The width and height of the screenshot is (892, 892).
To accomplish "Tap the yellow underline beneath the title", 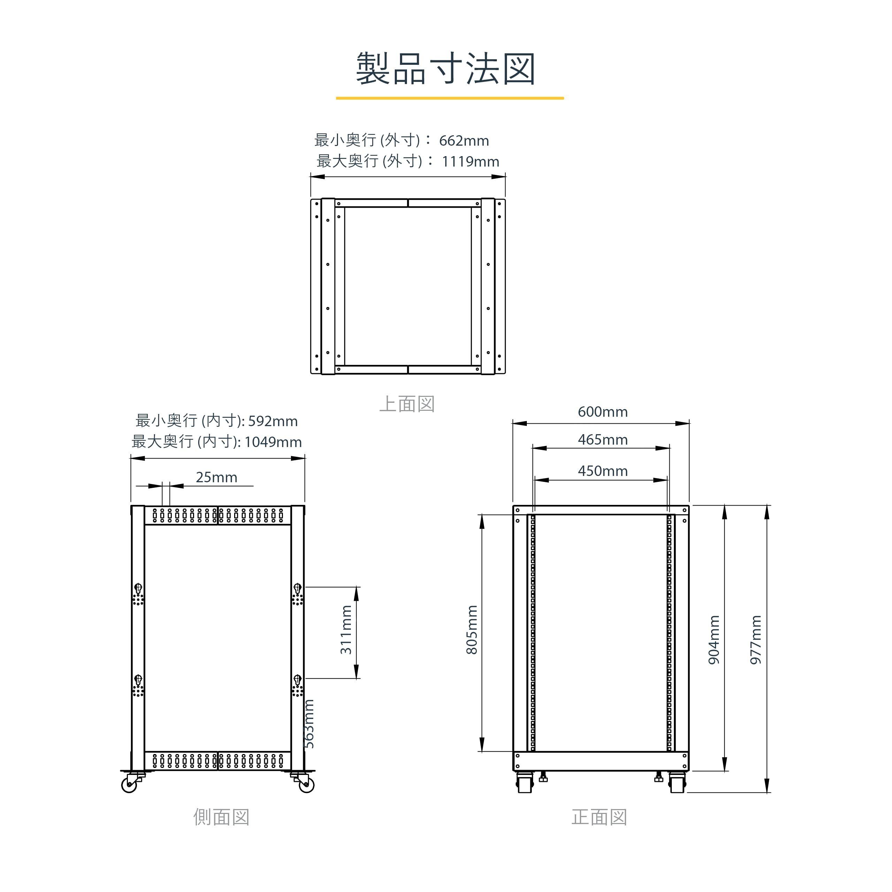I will point(450,98).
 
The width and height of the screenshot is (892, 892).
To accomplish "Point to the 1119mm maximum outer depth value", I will point(470,162).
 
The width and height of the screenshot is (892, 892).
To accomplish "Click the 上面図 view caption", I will point(407,404).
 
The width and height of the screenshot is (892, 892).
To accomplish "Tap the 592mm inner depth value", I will point(273,421).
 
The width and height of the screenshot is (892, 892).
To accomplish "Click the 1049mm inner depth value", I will point(273,442).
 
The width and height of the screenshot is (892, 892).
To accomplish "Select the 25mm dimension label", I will point(216,477).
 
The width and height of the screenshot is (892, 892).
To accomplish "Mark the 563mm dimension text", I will point(309,724).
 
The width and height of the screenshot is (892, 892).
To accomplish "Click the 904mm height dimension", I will point(714,640).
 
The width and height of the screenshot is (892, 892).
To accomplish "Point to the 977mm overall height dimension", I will point(755,640).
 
